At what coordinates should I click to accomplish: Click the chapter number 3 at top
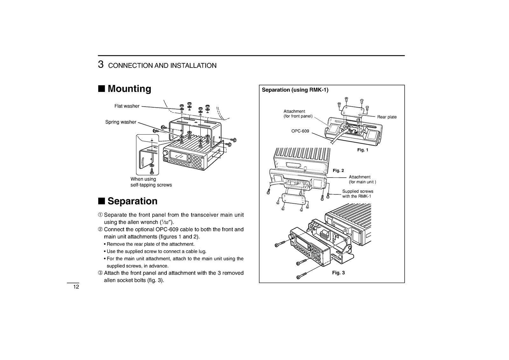[101, 65]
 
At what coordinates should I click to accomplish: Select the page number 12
[76, 287]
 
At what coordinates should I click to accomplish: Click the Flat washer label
[127, 106]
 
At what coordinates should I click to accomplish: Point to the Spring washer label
[121, 122]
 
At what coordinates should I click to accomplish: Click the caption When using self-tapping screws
[151, 182]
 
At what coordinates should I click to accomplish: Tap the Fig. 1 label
[362, 150]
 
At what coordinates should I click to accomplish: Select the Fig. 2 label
[338, 171]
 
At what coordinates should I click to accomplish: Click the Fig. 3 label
[338, 273]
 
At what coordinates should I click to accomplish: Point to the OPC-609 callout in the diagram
[300, 131]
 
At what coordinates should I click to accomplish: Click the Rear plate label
[387, 117]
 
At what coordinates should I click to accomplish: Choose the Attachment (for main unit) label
[362, 180]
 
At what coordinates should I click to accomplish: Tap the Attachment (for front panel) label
[298, 114]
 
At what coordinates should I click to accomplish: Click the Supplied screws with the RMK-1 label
[357, 194]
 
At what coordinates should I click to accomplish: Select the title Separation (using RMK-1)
[295, 90]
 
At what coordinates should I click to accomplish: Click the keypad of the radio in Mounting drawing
[197, 162]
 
